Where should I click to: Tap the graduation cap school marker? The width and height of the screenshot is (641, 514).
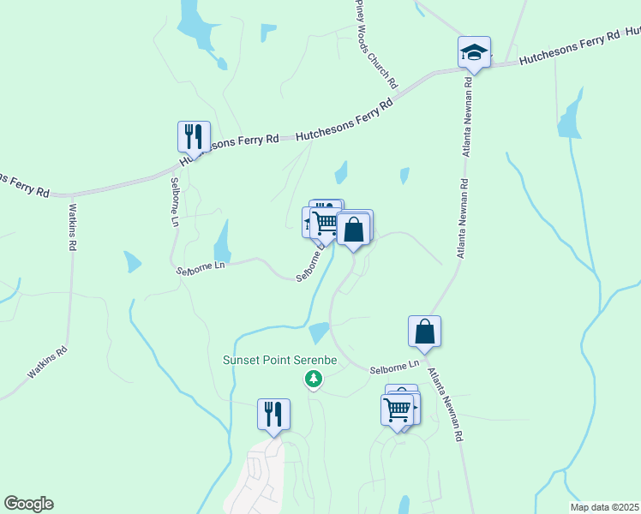(473, 52)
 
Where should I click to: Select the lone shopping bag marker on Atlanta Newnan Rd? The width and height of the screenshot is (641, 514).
(425, 331)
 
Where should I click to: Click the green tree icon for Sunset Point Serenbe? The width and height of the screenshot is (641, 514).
(314, 378)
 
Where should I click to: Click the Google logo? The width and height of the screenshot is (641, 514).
(28, 504)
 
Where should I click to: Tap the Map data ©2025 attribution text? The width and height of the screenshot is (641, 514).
(599, 505)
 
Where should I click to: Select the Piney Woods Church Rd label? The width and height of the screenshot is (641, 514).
(377, 45)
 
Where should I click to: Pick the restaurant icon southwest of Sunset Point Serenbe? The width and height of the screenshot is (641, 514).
(273, 414)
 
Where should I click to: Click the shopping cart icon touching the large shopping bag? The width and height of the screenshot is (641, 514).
(326, 224)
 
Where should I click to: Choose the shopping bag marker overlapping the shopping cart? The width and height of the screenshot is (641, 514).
(353, 230)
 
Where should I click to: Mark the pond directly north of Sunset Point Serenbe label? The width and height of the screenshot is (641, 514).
(318, 332)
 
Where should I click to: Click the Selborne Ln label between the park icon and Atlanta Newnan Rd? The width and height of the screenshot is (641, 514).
(394, 368)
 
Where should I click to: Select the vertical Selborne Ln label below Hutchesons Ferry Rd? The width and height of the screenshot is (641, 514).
(174, 201)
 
